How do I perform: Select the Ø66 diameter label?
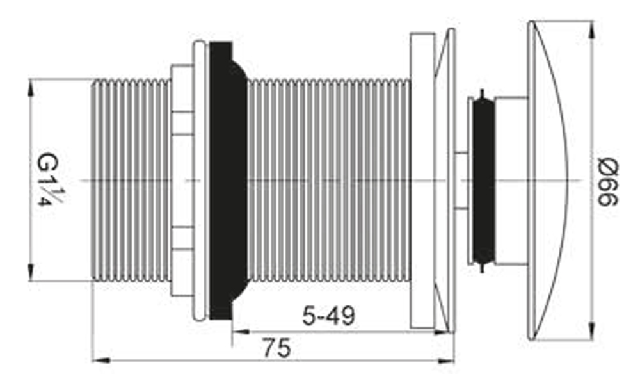click(x=606, y=181)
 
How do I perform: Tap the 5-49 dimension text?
click(x=328, y=316)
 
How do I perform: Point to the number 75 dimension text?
click(x=276, y=348)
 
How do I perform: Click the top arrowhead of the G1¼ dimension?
click(x=30, y=87)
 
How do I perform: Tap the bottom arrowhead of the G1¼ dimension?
click(x=30, y=273)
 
